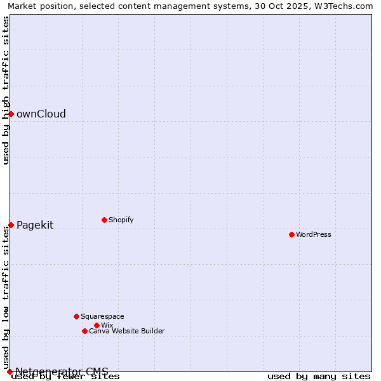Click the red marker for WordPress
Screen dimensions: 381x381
291,234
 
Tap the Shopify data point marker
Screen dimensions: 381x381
104,220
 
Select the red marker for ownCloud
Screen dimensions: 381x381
11,114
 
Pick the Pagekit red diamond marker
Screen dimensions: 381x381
11,225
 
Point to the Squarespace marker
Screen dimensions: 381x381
76,316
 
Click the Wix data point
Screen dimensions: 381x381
97,325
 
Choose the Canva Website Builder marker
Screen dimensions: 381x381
84,331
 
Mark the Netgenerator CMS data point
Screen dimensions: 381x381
10,371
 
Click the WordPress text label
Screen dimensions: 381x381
314,234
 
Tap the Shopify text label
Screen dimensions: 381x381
121,220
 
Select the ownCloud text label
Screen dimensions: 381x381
41,114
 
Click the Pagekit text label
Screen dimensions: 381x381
35,225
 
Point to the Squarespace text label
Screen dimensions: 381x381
102,316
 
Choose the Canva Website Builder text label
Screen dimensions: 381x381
127,331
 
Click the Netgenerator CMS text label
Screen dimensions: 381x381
62,371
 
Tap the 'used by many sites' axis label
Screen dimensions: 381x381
319,377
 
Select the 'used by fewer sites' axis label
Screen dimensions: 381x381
66,377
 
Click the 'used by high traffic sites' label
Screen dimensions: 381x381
6,90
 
